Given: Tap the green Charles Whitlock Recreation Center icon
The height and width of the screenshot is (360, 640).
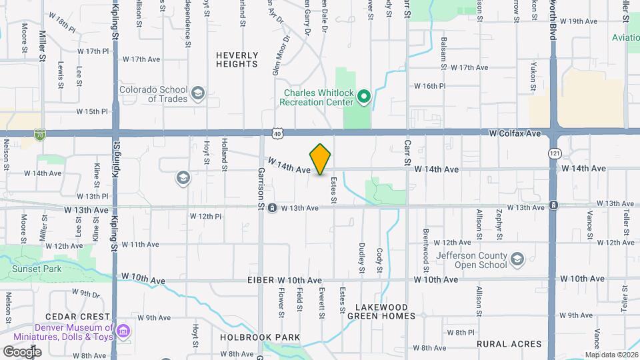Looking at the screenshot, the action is [x=363, y=98].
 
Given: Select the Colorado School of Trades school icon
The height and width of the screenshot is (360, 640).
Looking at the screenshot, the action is [x=197, y=93].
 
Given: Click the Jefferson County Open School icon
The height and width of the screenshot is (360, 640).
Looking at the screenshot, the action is [x=517, y=259].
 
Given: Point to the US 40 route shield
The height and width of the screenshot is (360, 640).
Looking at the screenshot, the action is [x=277, y=133].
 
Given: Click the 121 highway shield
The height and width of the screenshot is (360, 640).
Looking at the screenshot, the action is [x=555, y=153].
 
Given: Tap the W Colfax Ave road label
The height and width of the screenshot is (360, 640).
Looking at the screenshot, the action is [x=514, y=133].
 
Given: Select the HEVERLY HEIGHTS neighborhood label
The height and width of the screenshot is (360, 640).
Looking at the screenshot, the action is [x=237, y=59].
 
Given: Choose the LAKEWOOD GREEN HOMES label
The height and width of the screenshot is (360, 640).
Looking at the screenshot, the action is [x=381, y=311].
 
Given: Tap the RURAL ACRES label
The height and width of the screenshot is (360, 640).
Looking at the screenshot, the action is [x=509, y=344].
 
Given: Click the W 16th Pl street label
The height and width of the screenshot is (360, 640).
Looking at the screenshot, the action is [x=429, y=86].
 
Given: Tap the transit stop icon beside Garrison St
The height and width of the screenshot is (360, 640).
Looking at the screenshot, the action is [x=272, y=209].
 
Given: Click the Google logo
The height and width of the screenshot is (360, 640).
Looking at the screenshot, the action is [x=22, y=351].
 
